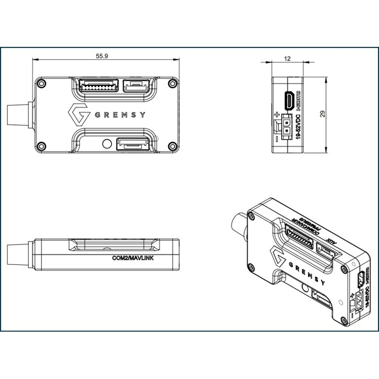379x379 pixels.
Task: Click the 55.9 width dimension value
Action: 102,56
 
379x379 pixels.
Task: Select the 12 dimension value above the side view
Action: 287,58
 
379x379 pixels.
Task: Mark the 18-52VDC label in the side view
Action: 298,126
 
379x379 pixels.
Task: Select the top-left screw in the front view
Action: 42,84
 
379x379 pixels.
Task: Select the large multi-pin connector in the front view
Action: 99,87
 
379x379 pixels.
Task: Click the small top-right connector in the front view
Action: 138,87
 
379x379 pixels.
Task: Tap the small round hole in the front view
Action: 106,144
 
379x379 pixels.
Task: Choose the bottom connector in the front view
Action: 132,145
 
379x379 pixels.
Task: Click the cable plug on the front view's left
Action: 20,115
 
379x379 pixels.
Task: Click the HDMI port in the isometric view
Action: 361,279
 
